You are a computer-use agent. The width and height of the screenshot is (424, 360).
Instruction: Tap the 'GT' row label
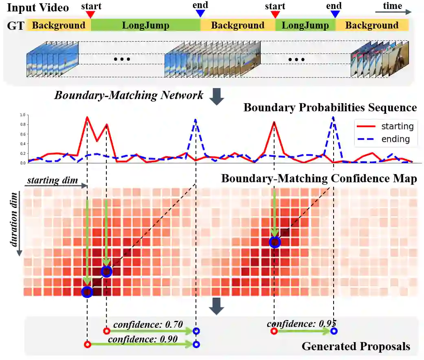click(14, 26)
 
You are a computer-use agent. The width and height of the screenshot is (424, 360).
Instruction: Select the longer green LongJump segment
click(145, 26)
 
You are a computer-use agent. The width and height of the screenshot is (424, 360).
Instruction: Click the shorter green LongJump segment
click(305, 26)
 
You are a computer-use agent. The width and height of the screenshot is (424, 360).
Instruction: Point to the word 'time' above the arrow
click(392, 6)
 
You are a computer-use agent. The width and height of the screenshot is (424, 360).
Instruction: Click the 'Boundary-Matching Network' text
click(129, 95)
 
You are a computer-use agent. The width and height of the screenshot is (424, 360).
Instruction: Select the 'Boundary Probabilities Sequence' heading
click(330, 108)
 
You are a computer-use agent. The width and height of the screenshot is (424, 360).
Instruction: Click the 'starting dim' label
click(53, 180)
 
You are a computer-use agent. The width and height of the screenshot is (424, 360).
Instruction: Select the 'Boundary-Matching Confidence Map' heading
click(319, 179)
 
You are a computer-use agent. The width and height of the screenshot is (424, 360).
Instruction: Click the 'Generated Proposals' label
click(356, 347)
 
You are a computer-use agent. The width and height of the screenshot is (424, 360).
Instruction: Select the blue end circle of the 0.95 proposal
click(334, 331)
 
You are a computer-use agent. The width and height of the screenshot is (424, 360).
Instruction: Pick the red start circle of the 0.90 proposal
click(87, 345)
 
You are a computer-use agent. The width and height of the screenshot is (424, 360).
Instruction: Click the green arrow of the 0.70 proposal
click(151, 331)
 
